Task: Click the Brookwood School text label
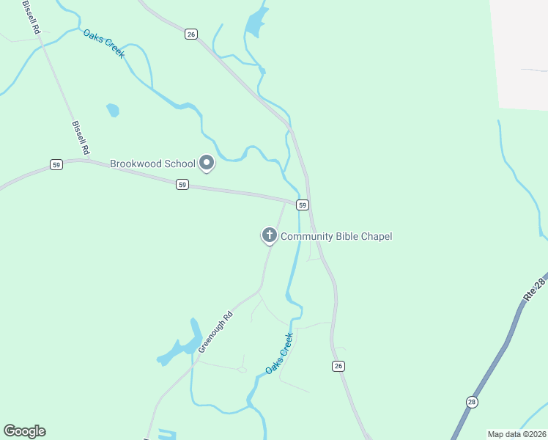(152, 164)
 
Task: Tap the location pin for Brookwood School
(207, 163)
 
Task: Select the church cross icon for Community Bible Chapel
(270, 235)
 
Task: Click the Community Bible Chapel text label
(336, 236)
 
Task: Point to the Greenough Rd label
(215, 331)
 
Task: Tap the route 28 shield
(472, 401)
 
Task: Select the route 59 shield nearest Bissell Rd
(56, 165)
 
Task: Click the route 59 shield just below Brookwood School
(182, 186)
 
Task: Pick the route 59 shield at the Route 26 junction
(302, 205)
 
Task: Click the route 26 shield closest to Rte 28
(338, 366)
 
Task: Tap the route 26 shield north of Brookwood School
(190, 34)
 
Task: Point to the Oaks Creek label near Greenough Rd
(279, 353)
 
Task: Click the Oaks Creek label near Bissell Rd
(103, 44)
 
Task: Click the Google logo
(24, 431)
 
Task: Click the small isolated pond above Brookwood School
(113, 110)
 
